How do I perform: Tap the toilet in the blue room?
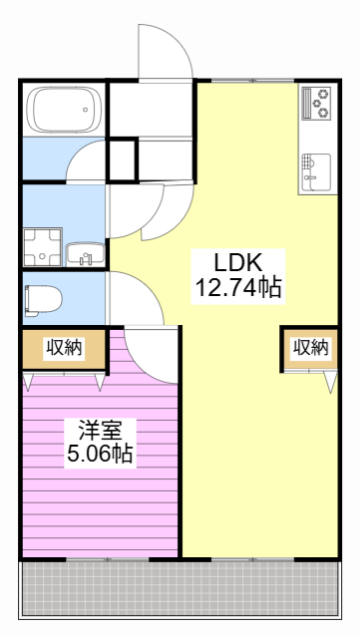coord(43,301)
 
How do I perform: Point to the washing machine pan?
coord(43,247)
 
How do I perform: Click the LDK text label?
coord(238,263)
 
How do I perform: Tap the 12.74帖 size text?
coord(238,288)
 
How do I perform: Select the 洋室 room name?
coord(101,430)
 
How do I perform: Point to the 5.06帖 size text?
coord(100,453)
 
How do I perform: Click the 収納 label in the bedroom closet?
coord(64,348)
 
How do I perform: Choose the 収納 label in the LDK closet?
coord(311,347)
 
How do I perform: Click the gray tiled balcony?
coord(180,588)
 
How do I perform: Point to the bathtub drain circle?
coord(85,110)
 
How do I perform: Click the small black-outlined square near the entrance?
coord(123,160)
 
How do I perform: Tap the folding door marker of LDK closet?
coord(332,382)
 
